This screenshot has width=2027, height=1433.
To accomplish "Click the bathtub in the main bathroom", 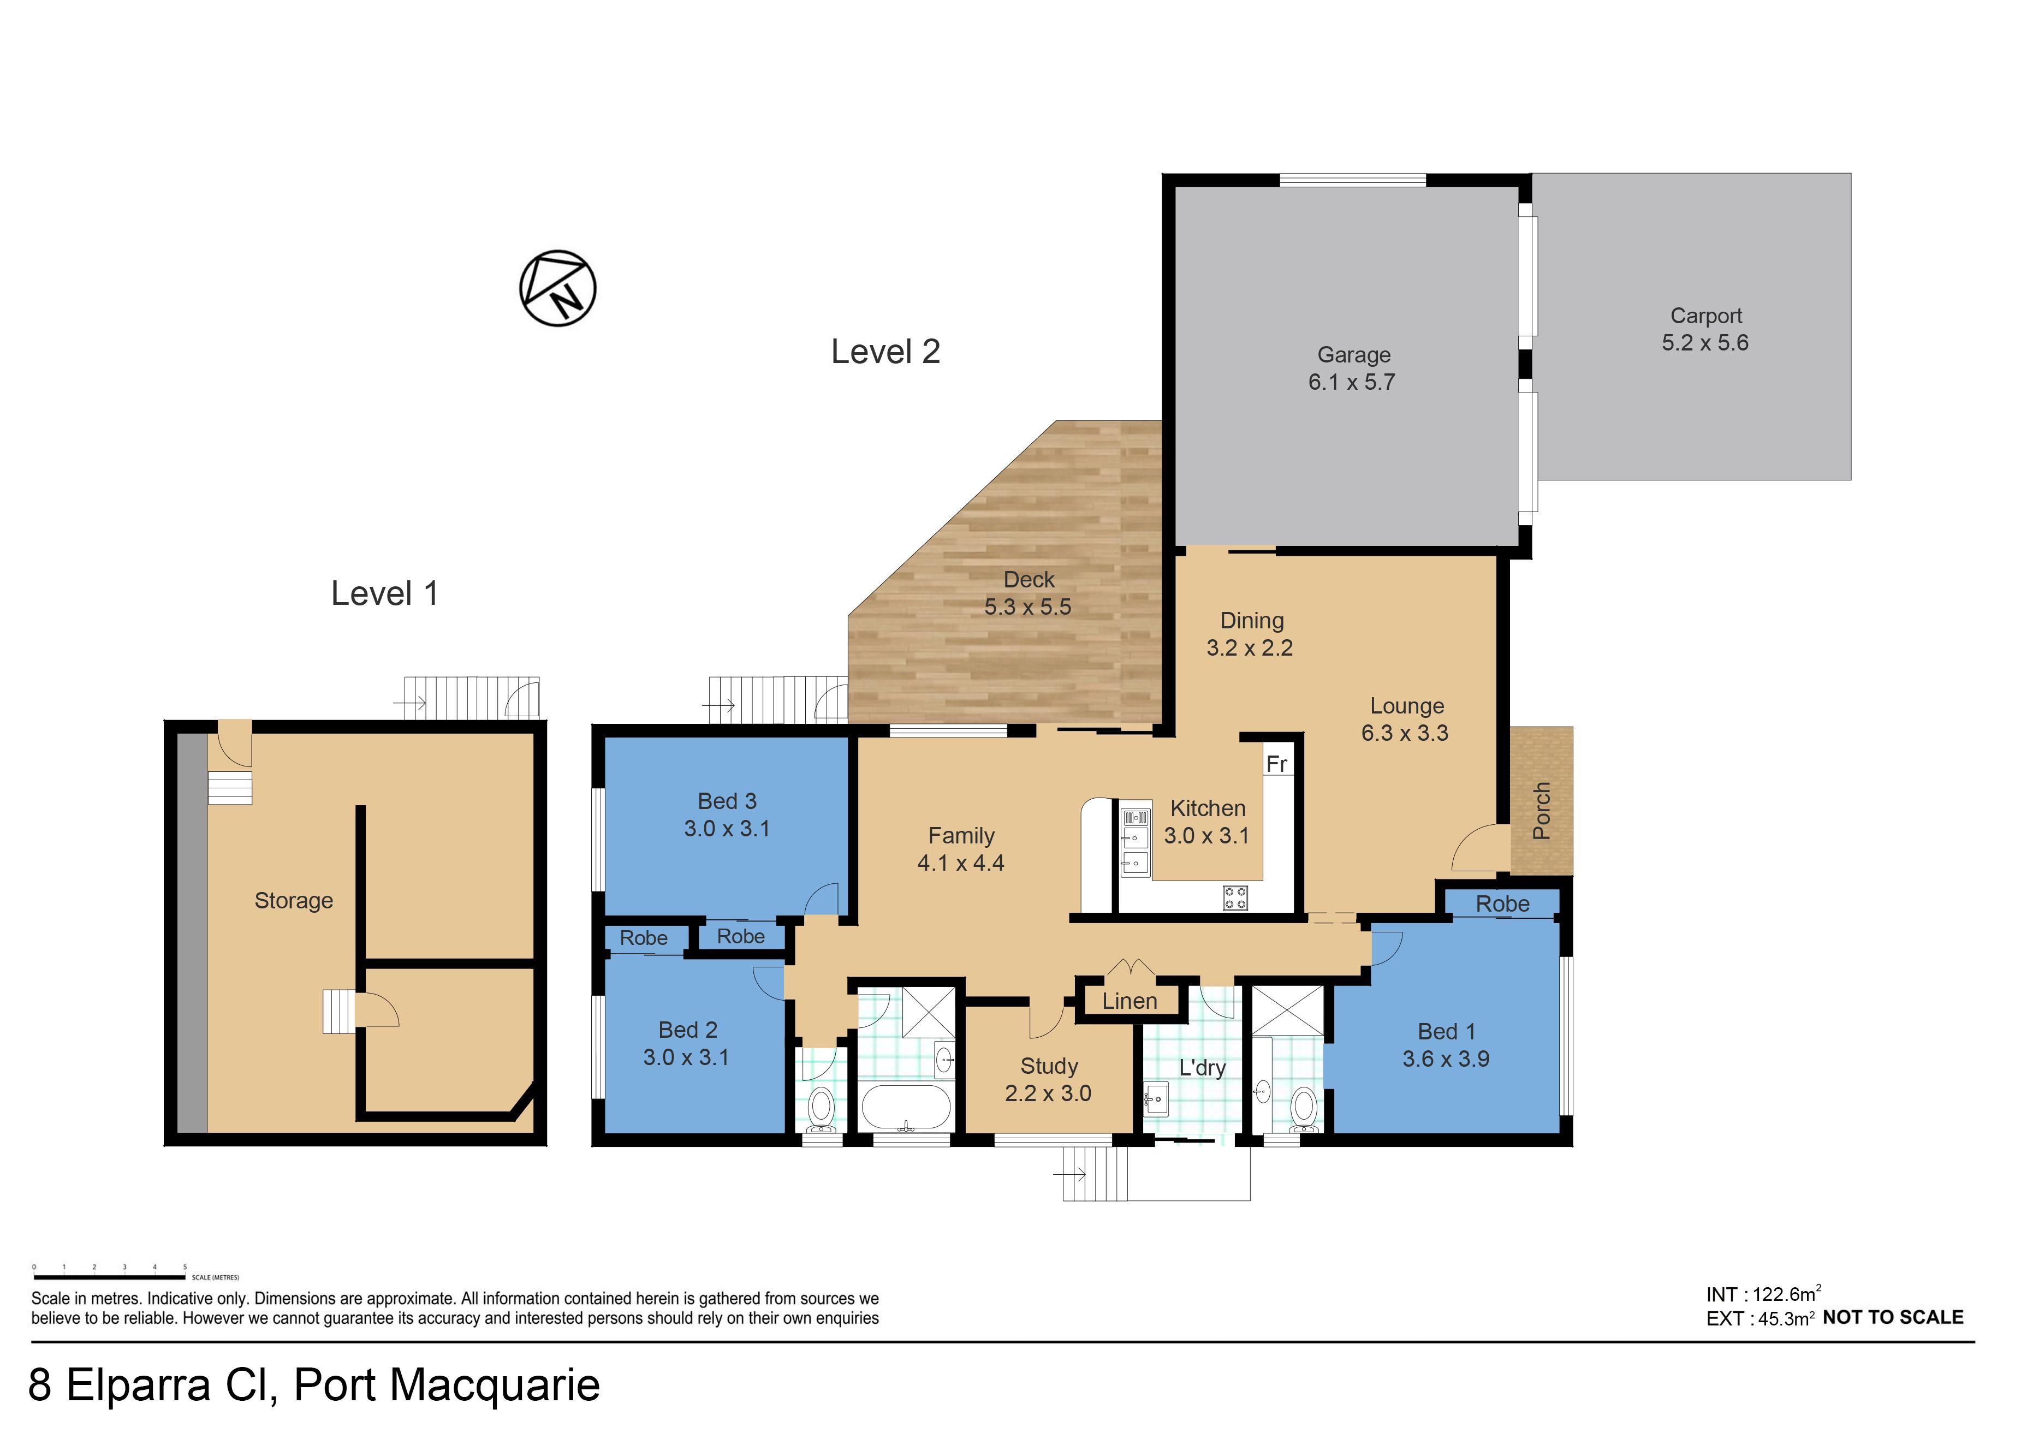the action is point(907,1107).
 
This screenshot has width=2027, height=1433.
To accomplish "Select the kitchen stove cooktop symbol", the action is point(1234,899).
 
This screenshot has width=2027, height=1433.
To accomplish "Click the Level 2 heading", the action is point(885,352).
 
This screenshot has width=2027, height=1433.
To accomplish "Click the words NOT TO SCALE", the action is point(1893,1317).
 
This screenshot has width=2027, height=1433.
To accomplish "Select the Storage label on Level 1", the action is point(294,901).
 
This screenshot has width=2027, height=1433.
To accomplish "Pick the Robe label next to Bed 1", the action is point(1502,903).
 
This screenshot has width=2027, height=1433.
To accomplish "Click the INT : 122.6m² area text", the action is point(1763,1294).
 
